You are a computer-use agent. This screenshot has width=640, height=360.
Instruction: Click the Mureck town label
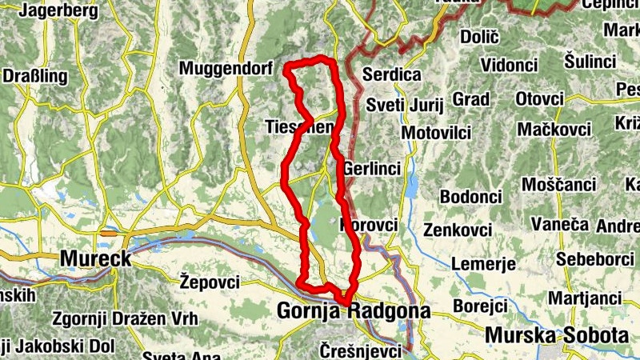tap(95, 258)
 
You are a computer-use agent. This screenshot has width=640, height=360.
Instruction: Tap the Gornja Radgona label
tap(354, 310)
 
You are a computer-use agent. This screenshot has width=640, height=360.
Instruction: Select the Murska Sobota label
tap(558, 335)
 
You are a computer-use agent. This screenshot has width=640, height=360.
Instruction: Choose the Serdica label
tap(392, 74)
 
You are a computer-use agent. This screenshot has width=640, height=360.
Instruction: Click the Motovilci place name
tap(438, 131)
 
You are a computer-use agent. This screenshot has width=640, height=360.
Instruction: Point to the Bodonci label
tap(470, 197)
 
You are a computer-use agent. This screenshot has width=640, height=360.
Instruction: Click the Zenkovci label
tap(458, 230)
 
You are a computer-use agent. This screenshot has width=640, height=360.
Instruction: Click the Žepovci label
tap(210, 282)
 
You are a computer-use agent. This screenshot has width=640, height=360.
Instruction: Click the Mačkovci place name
tap(554, 129)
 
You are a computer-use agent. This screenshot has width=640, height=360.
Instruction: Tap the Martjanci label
tap(585, 298)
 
